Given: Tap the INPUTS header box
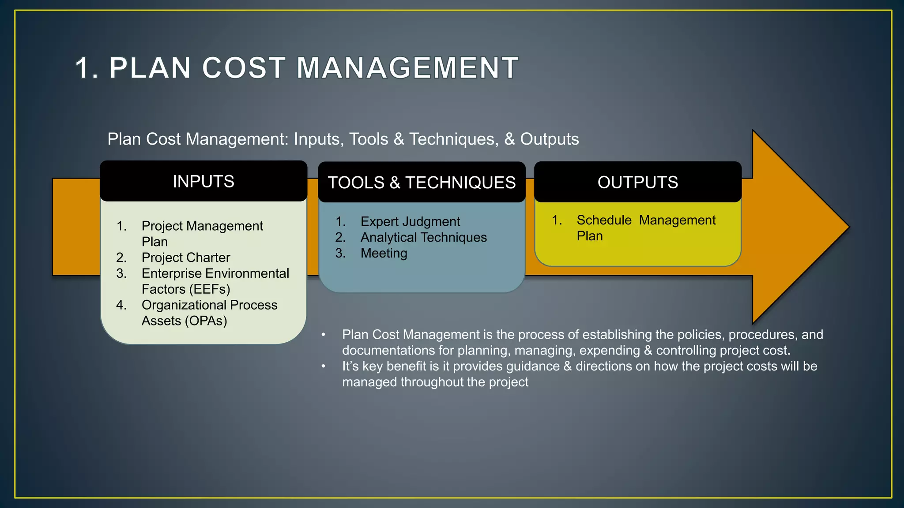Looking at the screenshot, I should [x=203, y=181].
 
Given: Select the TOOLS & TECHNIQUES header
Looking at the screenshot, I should [x=422, y=183].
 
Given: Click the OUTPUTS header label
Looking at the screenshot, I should [x=638, y=182].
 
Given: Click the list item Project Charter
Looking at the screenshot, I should [x=186, y=258].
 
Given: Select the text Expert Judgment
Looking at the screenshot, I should [x=410, y=221].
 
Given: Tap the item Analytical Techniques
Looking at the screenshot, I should [x=423, y=237].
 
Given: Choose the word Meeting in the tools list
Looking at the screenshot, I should [x=384, y=253].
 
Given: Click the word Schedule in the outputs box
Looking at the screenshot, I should [x=604, y=220].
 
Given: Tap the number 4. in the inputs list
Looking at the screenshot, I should [x=121, y=305].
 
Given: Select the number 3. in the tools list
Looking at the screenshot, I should [x=340, y=253].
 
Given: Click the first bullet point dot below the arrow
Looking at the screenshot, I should [x=324, y=335].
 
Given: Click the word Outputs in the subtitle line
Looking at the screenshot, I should [x=549, y=139].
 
